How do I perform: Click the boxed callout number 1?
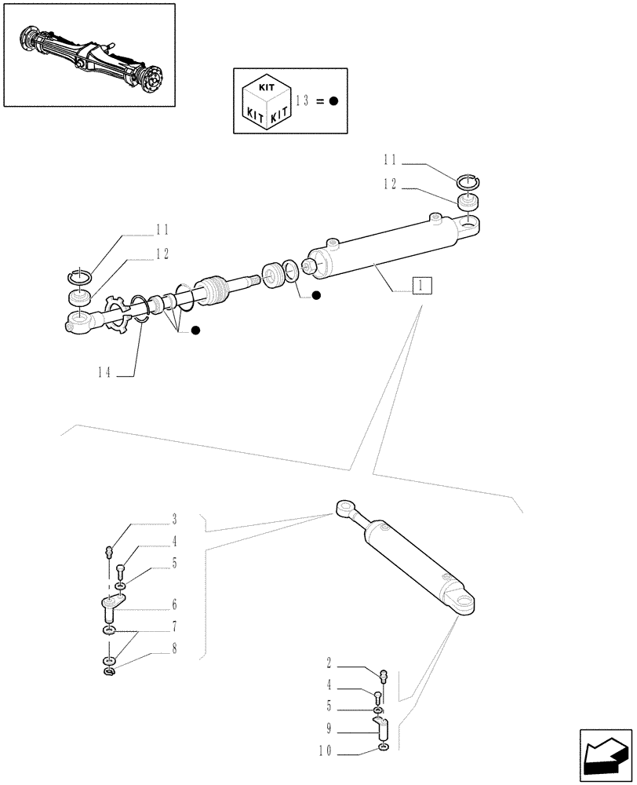[x=422, y=285]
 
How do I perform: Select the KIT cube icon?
[x=268, y=100]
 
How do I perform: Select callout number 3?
[x=174, y=520]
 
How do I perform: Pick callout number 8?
[x=174, y=649]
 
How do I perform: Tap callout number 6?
[x=174, y=605]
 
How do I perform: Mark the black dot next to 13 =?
[x=333, y=101]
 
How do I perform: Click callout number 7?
[x=174, y=627]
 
